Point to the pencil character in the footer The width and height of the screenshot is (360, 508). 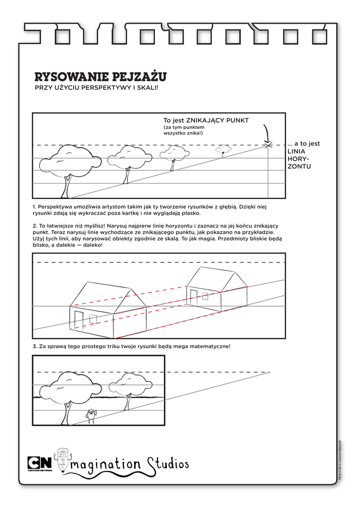pyautogui.click(x=63, y=459)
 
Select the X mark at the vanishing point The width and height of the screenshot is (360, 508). pyautogui.click(x=268, y=145)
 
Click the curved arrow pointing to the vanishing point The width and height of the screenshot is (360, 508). pyautogui.click(x=267, y=133)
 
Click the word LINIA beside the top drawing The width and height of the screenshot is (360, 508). pyautogui.click(x=297, y=151)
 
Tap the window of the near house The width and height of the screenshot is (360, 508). pyautogui.click(x=93, y=317)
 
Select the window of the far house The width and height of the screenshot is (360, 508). pyautogui.click(x=205, y=296)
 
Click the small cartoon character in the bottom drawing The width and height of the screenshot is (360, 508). pyautogui.click(x=91, y=416)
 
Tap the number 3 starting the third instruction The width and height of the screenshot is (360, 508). pyautogui.click(x=34, y=346)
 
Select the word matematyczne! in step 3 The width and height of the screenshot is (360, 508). pyautogui.click(x=211, y=346)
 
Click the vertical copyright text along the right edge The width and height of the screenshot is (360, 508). pyautogui.click(x=341, y=461)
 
